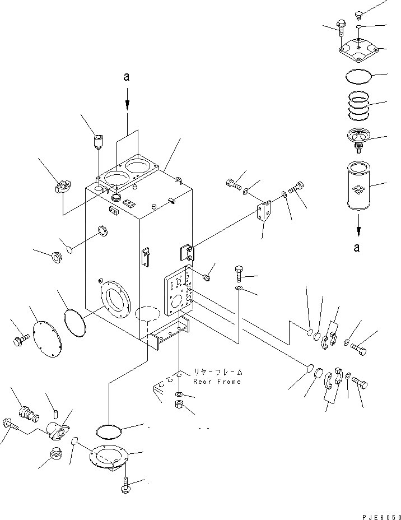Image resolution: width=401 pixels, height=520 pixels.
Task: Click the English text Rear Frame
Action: point(217,382)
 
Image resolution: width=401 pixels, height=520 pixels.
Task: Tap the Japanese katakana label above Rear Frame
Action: point(218,372)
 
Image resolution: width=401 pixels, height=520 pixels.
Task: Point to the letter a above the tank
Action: point(127,77)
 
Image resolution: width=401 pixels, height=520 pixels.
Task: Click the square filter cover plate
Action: point(360,51)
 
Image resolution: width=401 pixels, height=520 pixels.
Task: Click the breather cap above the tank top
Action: point(99,140)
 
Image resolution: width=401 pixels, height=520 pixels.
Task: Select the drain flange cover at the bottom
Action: point(108,457)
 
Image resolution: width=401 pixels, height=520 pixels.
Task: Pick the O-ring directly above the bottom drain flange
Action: point(109,431)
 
